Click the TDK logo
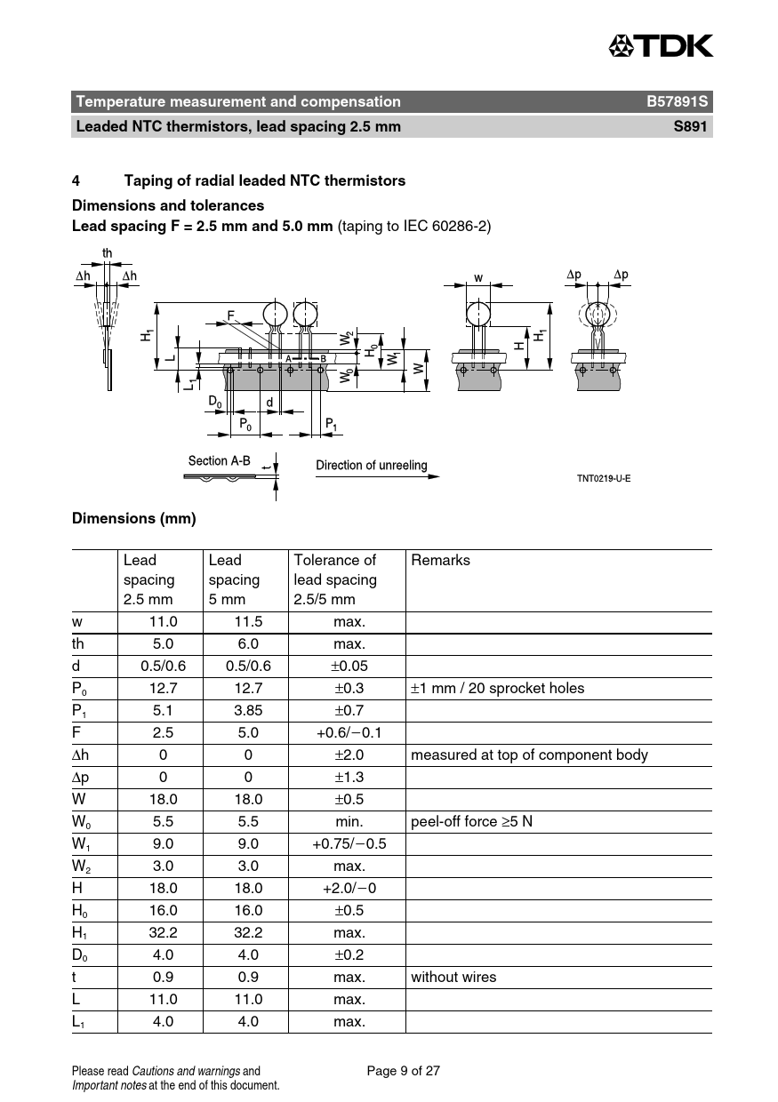(x=661, y=45)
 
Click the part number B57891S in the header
(x=678, y=101)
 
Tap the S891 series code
(x=690, y=126)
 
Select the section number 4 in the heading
(x=76, y=180)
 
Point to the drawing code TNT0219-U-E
(x=604, y=478)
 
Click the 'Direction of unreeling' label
(x=371, y=465)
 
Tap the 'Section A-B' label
(x=219, y=460)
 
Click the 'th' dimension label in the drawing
(x=107, y=253)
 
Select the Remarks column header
(x=440, y=560)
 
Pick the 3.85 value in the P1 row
(x=248, y=710)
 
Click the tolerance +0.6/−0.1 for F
(x=349, y=732)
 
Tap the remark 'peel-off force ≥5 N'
(x=471, y=821)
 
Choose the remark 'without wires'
(x=453, y=977)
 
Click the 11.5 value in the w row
(x=248, y=621)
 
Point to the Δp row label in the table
(x=80, y=778)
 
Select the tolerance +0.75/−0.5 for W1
(x=349, y=843)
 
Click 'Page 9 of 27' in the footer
(x=403, y=1071)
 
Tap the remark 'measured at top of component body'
(x=529, y=755)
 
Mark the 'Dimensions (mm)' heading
(x=134, y=518)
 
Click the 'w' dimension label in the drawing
(x=478, y=278)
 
